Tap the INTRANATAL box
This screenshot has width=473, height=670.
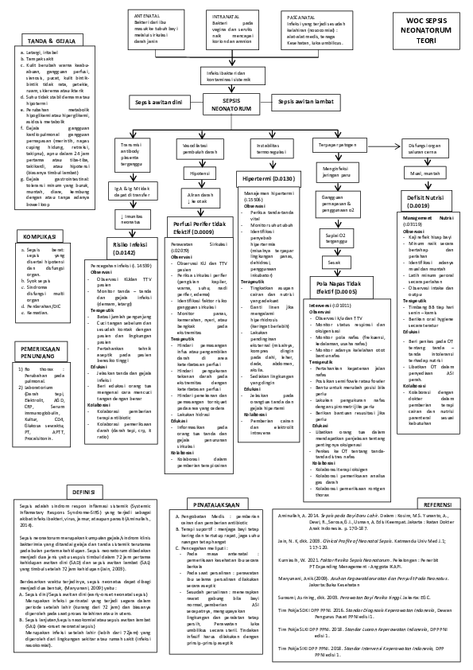(237, 28)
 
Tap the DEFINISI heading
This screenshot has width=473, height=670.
(84, 492)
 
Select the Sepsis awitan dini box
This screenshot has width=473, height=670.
(158, 103)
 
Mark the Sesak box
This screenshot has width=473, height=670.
(335, 261)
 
